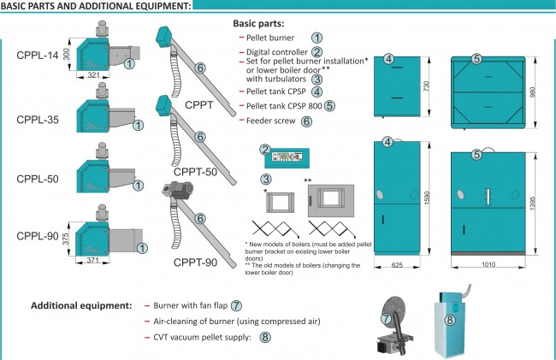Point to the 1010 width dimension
click(489, 267)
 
